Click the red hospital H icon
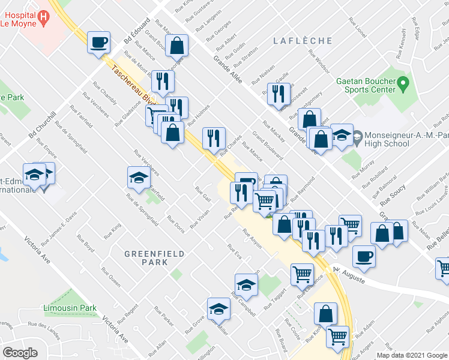[x=43, y=19]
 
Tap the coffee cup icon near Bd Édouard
[x=99, y=43]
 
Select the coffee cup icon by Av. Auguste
[x=364, y=257]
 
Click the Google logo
[x=20, y=353]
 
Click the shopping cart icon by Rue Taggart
[x=302, y=274]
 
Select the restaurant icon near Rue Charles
[x=214, y=139]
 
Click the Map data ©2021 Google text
[x=412, y=355]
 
